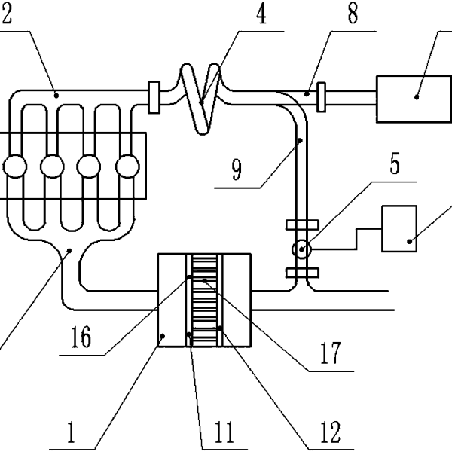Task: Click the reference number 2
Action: (x=6, y=14)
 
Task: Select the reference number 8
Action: (x=353, y=14)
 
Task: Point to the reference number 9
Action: (x=237, y=170)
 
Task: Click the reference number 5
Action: (x=395, y=163)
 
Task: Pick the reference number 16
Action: (x=81, y=337)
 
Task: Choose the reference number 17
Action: (x=331, y=353)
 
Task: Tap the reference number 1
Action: (x=72, y=432)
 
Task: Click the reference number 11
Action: (x=224, y=432)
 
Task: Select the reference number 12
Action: (x=331, y=432)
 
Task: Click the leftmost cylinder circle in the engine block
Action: (x=15, y=166)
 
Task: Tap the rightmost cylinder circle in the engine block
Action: (x=127, y=166)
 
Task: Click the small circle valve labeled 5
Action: (x=301, y=249)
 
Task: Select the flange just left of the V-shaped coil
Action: (x=154, y=97)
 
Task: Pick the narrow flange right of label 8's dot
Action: (x=322, y=97)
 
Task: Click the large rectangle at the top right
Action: (x=414, y=99)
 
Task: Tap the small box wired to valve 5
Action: (x=399, y=228)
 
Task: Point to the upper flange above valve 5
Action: (x=302, y=224)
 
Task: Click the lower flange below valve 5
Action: (x=302, y=273)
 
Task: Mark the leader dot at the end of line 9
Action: (x=300, y=141)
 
